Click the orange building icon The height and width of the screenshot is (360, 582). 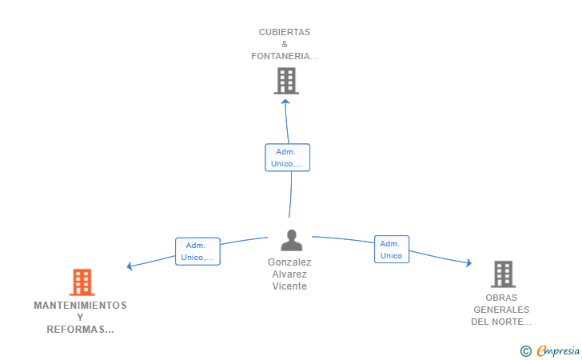pos(82,282)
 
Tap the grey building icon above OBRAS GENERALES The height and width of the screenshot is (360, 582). pos(504,274)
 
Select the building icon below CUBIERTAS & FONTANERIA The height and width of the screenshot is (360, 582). pos(286,81)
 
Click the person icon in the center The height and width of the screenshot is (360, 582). pos(291,240)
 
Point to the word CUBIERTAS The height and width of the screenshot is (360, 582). pos(285,32)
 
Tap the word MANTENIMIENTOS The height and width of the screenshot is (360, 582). pos(80,306)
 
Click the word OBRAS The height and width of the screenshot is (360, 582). pos(501,298)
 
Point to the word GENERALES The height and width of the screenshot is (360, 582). pos(501,310)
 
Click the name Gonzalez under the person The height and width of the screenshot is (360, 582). pos(289,262)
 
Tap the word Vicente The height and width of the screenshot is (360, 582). pos(289,286)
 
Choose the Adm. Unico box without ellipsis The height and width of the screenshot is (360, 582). pos(392,250)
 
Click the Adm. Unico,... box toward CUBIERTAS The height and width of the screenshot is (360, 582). pos(287,158)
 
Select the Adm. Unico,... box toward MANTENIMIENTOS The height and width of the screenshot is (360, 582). pos(197,251)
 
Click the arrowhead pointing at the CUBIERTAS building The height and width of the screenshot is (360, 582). pos(285,102)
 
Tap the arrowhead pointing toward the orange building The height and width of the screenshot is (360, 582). pos(130,266)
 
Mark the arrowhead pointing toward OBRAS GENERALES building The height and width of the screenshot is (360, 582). pos(469,262)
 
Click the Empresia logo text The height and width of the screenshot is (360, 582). pos(558,350)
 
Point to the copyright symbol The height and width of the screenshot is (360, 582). pos(526,351)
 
